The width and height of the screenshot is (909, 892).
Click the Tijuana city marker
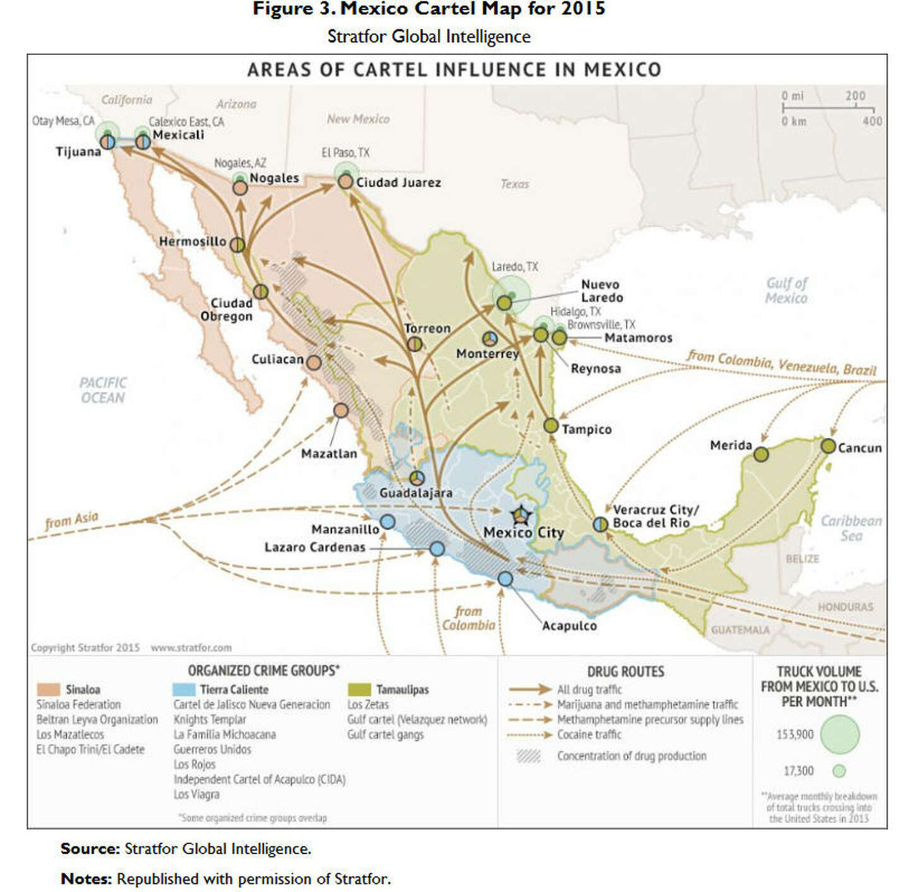108,142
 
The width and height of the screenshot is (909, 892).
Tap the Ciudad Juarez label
398,182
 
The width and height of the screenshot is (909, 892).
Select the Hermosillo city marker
237,244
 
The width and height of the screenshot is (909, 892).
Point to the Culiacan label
277,359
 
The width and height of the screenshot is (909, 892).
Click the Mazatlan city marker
341,410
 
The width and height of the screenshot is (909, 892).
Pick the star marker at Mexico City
521,516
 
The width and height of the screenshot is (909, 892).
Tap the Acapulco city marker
505,578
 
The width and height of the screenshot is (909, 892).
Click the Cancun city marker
828,446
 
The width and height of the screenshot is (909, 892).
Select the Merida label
730,445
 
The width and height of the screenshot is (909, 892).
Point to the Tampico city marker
551,425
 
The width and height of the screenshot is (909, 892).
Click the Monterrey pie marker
490,339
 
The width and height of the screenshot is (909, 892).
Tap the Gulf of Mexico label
786,290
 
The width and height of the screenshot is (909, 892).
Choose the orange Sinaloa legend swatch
49,689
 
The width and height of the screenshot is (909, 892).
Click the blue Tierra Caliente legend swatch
184,689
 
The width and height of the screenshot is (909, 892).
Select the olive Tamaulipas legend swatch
359,689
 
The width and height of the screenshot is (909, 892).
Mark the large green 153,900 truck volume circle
840,735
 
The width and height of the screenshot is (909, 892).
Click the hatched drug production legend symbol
528,756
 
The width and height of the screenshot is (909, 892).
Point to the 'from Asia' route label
72,520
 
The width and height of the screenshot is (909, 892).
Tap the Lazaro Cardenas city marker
437,549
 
